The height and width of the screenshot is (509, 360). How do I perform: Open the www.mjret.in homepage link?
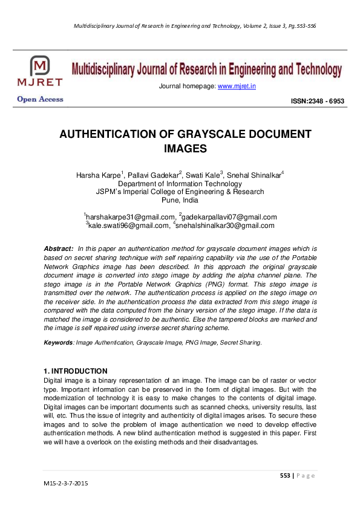click(237, 86)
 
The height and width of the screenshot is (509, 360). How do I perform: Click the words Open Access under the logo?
click(40, 99)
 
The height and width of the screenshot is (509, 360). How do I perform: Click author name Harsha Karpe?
click(97, 175)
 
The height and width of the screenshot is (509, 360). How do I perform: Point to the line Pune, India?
click(180, 200)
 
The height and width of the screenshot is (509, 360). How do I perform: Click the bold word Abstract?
click(59, 249)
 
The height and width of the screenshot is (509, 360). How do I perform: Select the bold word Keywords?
click(58, 343)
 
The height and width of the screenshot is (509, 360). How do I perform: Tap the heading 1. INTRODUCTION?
click(76, 371)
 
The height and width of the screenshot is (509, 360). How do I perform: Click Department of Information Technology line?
click(180, 184)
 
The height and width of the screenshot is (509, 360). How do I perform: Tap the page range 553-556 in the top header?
click(304, 27)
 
